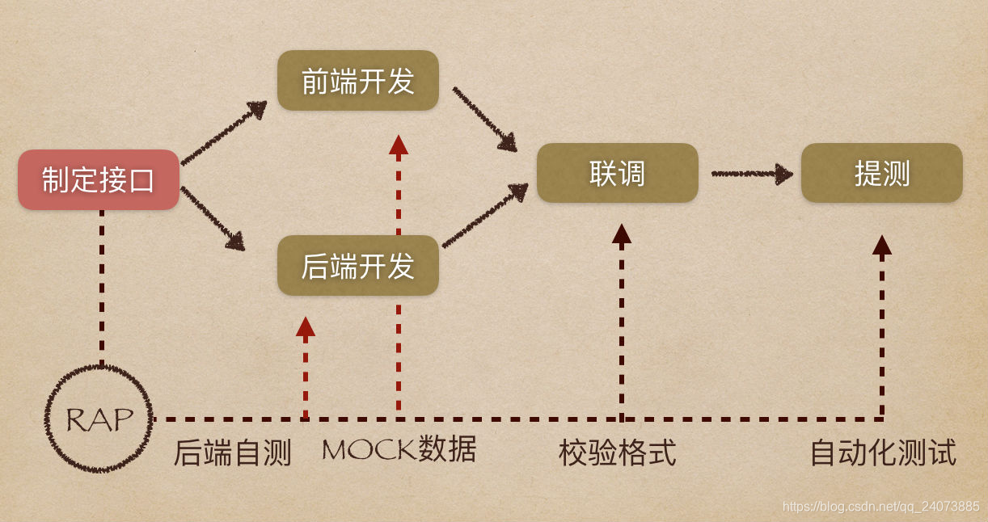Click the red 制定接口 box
tap(99, 179)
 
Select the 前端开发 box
tap(357, 81)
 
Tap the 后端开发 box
tap(357, 266)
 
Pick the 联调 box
tap(617, 173)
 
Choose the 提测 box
tap(881, 173)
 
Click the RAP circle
tap(99, 419)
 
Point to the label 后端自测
tap(232, 453)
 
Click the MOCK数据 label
tap(399, 449)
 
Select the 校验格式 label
tap(617, 453)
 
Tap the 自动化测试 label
tap(883, 453)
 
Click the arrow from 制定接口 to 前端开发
tap(224, 133)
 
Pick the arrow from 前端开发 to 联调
tap(485, 120)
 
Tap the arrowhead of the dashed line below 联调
tap(621, 234)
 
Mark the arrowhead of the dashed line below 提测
tap(881, 245)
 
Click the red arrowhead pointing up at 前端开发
tap(399, 145)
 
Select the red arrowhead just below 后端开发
tap(305, 326)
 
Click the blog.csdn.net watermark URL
tap(880, 506)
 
